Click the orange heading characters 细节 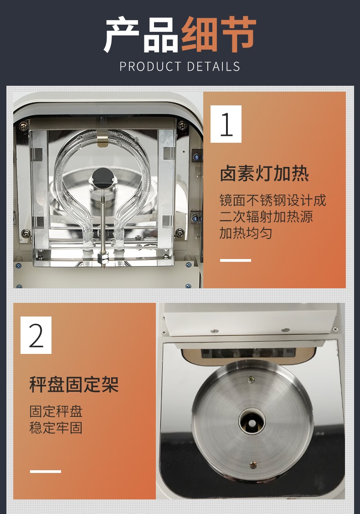(218, 34)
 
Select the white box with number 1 (226, 124)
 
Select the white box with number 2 (36, 335)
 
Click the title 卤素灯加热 (264, 173)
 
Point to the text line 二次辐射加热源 (266, 217)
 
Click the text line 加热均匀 (246, 233)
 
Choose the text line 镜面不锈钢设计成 (273, 200)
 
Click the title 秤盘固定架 (74, 384)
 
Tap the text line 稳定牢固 (56, 428)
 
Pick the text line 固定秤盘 (56, 411)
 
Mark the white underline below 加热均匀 (236, 260)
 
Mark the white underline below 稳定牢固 (46, 472)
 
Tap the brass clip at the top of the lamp (103, 138)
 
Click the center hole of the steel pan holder (252, 421)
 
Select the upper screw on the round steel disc (251, 379)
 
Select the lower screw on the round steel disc (253, 464)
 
